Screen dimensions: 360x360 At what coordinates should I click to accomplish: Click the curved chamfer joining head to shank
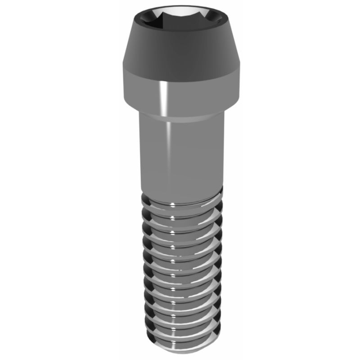pyautogui.click(x=180, y=116)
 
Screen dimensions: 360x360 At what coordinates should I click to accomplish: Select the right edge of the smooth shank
pyautogui.click(x=223, y=153)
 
